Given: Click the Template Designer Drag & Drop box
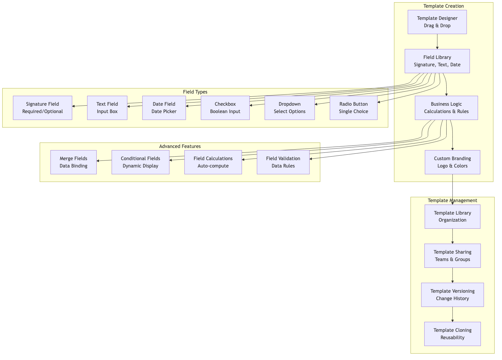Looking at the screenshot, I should [x=437, y=22].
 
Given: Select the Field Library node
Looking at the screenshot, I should [x=437, y=61].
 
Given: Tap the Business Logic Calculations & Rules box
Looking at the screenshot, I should [x=446, y=108].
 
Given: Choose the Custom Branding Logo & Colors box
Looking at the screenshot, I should [x=452, y=162].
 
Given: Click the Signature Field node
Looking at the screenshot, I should [x=43, y=108].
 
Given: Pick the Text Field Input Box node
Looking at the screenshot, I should [x=107, y=108].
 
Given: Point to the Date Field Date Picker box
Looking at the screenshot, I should [x=164, y=108].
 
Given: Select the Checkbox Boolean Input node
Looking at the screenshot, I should [x=225, y=108].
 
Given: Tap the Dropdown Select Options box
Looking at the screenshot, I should [x=289, y=108].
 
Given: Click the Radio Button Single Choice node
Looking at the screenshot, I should [x=353, y=108].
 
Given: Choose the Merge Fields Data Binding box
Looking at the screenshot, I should [x=73, y=162].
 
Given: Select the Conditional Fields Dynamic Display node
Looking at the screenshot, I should [x=140, y=162].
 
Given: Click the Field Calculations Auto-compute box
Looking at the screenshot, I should [x=213, y=162].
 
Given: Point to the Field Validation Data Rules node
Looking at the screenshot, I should [x=283, y=162].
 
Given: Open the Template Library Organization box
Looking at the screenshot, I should [x=452, y=217].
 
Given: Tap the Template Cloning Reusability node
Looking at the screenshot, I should [x=452, y=334].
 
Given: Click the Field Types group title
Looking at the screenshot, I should [x=195, y=92].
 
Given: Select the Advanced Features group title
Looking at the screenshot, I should [x=180, y=146].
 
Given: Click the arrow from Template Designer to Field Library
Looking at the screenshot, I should [x=437, y=42].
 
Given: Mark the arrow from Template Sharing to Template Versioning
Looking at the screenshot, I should [x=452, y=275].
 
